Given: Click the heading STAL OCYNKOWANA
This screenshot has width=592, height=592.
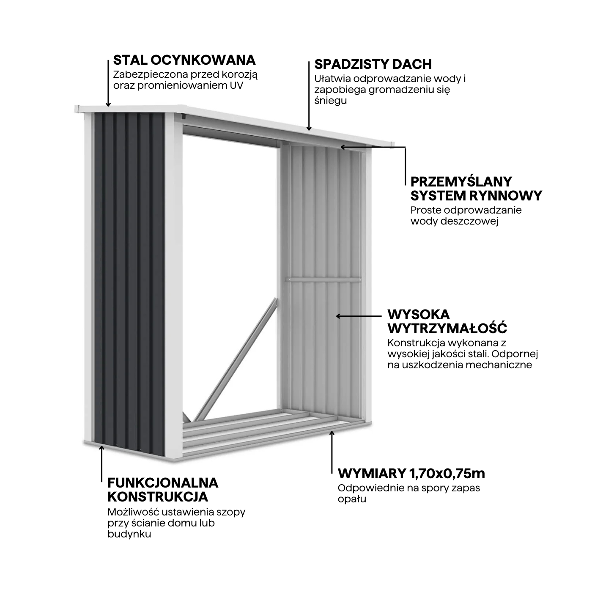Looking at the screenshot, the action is (184, 60).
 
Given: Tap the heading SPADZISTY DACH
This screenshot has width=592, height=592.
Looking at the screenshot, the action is (373, 65).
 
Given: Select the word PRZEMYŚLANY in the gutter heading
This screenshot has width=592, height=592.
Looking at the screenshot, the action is (461, 182).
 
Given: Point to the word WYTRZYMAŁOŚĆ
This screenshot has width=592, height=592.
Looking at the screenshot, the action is (447, 329).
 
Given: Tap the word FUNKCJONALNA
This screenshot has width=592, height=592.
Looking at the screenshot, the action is (163, 483).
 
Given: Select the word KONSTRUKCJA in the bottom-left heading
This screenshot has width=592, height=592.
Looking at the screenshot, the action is (158, 497).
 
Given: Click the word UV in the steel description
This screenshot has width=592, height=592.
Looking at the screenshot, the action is (236, 85).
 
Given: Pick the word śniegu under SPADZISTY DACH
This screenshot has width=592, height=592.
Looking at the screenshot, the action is (330, 101).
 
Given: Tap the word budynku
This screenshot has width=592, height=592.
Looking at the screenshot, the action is (129, 534).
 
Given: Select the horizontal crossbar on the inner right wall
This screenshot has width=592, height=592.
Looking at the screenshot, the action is (323, 280).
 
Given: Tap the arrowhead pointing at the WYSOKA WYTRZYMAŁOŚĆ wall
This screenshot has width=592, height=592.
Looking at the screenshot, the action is (338, 316).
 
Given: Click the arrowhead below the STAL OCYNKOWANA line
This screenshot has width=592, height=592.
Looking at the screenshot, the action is (108, 104).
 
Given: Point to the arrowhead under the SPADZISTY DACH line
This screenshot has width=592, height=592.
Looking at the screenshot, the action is (309, 129).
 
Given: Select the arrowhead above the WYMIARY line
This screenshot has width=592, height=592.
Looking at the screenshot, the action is (332, 433).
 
